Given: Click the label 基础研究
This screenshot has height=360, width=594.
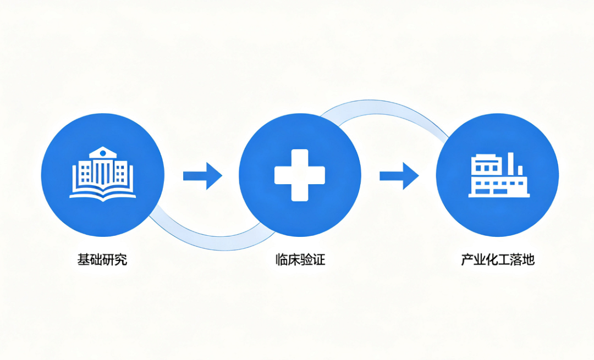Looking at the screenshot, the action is click(102, 259).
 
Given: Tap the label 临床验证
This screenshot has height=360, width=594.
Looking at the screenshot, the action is click(300, 259).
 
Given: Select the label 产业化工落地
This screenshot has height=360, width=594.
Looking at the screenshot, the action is click(497, 259).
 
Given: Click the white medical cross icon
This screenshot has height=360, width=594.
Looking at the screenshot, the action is click(300, 175).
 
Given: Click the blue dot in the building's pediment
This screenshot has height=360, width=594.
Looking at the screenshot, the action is click(103, 153).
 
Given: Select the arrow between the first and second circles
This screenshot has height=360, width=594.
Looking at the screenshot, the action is click(202, 176).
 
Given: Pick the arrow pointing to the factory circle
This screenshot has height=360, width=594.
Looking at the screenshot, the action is click(399, 176).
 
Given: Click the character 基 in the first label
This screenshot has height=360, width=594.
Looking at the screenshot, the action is click(84, 259).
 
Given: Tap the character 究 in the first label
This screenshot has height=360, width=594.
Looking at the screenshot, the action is click(121, 259).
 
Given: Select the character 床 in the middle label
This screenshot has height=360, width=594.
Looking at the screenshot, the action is click(294, 259).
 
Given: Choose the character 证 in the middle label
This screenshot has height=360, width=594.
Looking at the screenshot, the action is click(319, 259).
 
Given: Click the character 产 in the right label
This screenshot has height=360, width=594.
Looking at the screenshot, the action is click(467, 259).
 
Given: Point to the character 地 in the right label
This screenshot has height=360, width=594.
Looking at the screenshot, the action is click(529, 259).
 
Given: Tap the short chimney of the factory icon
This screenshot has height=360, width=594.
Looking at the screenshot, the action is click(520, 171).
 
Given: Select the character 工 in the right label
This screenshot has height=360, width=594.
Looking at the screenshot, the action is click(504, 259).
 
